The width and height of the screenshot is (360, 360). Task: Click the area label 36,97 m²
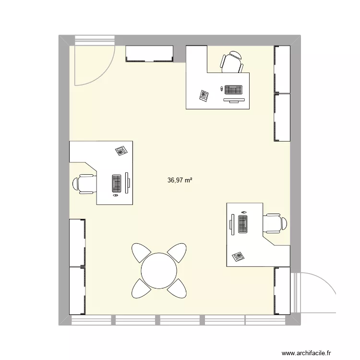180,180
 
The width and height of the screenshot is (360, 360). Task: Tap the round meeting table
159,270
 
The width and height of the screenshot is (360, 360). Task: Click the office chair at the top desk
232,62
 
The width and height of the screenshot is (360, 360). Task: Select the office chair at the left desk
84,183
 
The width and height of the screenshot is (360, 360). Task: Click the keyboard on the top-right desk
233,90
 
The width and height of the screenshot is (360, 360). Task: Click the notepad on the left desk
121,151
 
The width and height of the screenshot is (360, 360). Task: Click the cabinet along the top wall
149,53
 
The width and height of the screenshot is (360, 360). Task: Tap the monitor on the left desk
127,182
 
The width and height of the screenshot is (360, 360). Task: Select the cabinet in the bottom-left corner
77,291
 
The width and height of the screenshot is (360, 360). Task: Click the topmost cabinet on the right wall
282,69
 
